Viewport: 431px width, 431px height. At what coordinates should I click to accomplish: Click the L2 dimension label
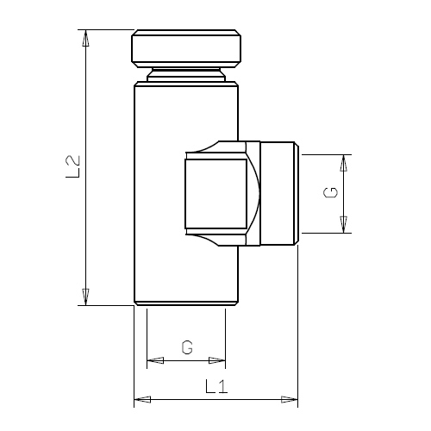pyautogui.click(x=72, y=166)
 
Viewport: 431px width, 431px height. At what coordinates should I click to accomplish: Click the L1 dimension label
pyautogui.click(x=216, y=386)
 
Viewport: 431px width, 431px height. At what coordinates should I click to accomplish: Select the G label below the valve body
pyautogui.click(x=187, y=347)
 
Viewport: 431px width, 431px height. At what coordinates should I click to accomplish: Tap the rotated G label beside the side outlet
pyautogui.click(x=330, y=192)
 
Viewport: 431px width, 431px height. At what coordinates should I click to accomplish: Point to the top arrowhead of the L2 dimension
pyautogui.click(x=85, y=38)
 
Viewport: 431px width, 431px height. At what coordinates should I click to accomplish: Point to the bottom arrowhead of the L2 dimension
pyautogui.click(x=85, y=297)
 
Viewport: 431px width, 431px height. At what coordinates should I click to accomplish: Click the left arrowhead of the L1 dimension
pyautogui.click(x=142, y=399)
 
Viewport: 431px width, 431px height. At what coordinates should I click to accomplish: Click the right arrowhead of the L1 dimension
pyautogui.click(x=290, y=399)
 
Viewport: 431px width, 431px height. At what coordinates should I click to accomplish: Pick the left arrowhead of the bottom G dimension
pyautogui.click(x=155, y=360)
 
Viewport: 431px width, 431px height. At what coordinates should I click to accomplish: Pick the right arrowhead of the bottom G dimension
pyautogui.click(x=217, y=360)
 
